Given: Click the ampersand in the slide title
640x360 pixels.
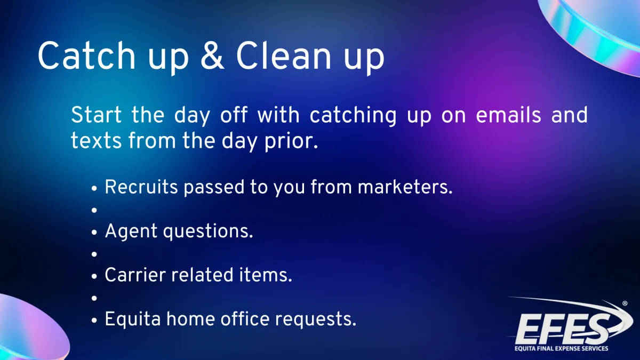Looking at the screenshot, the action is coord(212,55).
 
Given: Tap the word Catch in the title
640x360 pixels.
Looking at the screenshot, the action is coord(86,55).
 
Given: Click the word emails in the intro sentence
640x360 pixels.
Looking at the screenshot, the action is coord(508,115).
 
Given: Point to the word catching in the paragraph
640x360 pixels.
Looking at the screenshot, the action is coord(353,115).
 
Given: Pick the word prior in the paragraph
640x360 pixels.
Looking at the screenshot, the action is coord(291,141).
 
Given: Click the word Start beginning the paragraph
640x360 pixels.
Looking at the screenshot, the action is coord(97,115).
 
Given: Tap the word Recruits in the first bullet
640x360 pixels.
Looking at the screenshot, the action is coord(141,187).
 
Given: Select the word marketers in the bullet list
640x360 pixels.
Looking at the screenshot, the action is coord(405,187).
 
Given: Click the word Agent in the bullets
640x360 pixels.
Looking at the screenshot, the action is coord(131,231).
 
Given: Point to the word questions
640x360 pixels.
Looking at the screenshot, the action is coord(208,231).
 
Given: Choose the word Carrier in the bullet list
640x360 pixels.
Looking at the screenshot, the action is coord(135,275).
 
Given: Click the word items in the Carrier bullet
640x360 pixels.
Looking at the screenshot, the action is coord(266,275).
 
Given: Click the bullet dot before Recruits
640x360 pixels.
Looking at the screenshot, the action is coord(94,189).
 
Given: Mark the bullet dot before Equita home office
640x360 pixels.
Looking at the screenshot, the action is coord(94,321).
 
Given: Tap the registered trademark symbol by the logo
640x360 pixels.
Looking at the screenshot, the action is coord(625,303).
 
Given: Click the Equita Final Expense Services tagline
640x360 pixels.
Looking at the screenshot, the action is coord(562,349).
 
